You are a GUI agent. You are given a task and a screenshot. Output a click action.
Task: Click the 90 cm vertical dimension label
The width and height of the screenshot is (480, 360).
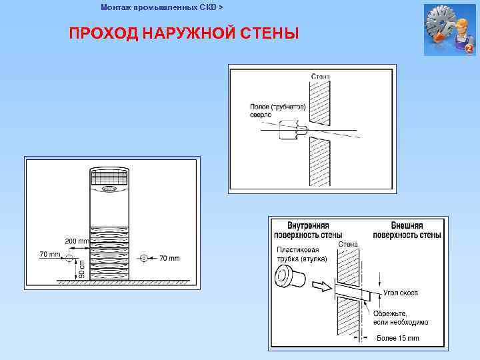(81, 269)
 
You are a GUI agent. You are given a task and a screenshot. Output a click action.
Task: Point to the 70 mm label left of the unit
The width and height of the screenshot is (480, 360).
(49, 254)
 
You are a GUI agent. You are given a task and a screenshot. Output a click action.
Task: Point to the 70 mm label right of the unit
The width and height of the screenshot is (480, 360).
(169, 257)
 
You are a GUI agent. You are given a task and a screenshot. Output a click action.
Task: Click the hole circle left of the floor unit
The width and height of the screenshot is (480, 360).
(68, 257)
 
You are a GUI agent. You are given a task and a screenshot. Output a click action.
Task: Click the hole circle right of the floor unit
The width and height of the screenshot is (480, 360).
(143, 257)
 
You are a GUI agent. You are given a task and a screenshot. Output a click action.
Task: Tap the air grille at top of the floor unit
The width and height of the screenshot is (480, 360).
(108, 178)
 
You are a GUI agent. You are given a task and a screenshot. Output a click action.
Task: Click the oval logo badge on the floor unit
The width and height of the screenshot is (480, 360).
(108, 189)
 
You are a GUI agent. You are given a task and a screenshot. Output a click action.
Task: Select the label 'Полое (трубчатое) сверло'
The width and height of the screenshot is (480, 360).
(277, 110)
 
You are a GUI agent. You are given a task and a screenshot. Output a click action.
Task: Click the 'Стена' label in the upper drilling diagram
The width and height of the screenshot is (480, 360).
(320, 77)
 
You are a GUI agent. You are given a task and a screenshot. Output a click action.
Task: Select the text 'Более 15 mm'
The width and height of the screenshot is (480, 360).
(397, 338)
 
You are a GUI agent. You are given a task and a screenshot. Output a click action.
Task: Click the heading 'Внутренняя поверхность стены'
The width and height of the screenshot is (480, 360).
(307, 231)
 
